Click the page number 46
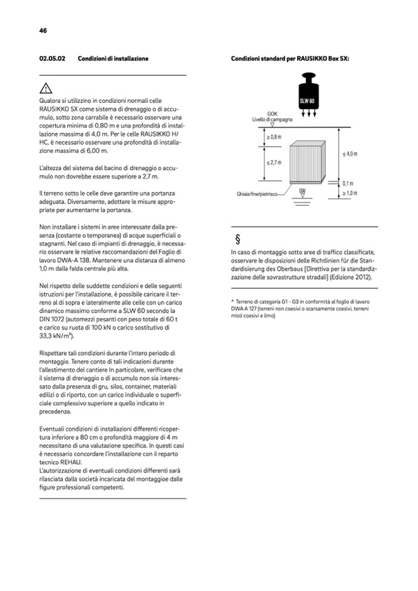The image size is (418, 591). click(x=43, y=30)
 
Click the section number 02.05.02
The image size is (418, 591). click(x=52, y=59)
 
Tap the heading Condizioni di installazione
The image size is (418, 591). click(x=113, y=59)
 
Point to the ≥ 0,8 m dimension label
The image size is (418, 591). click(x=274, y=136)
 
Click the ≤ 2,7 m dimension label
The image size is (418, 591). click(x=274, y=163)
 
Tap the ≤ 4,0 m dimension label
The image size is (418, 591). click(x=350, y=153)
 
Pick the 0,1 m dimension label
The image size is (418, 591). click(x=348, y=183)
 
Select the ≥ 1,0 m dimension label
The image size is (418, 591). click(x=350, y=194)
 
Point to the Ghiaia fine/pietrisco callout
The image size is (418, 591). click(x=256, y=194)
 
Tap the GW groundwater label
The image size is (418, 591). click(x=302, y=191)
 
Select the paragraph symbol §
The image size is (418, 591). click(x=237, y=240)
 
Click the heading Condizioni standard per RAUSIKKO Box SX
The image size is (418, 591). click(x=290, y=59)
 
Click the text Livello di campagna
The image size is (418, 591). click(x=272, y=119)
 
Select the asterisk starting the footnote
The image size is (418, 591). click(x=232, y=300)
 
